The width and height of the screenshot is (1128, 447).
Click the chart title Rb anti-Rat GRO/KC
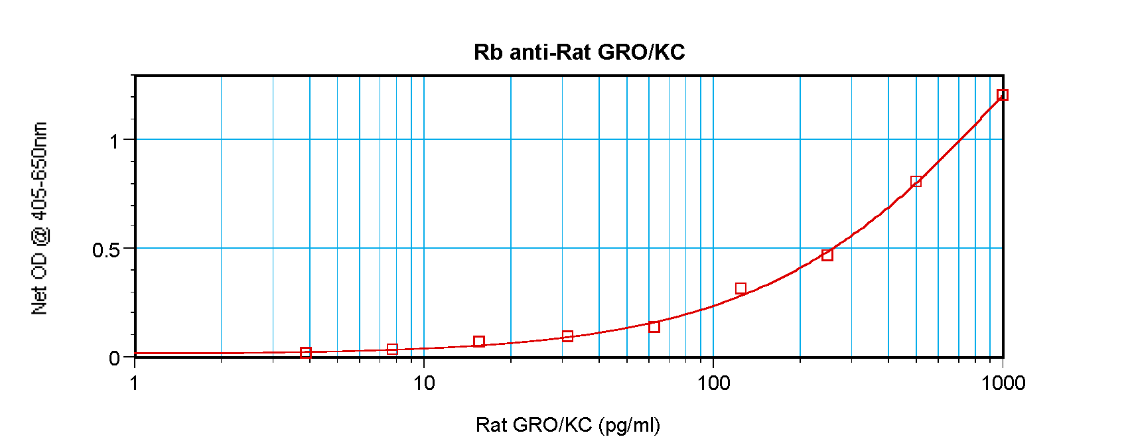pos(579,52)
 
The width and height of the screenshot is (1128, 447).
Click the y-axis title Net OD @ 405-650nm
pos(40,218)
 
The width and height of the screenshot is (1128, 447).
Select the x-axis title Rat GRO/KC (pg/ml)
pos(567,424)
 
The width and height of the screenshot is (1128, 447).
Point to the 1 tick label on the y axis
pos(115,141)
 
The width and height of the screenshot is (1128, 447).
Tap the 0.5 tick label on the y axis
pos(106,250)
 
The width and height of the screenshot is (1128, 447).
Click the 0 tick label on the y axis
pos(114,358)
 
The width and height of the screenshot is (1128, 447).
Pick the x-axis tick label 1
pos(135,383)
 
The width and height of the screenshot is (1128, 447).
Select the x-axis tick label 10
pos(424,383)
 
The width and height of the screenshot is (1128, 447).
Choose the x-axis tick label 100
pos(713,383)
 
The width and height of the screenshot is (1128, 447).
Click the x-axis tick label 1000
pos(1003,383)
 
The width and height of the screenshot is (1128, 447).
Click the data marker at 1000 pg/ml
pos(1003,95)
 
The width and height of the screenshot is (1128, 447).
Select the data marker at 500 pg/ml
pos(916,182)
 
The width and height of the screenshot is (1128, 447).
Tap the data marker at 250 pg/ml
pos(827,255)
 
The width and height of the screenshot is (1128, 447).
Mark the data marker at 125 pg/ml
pos(740,288)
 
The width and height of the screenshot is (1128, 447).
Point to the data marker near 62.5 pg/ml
pos(654,326)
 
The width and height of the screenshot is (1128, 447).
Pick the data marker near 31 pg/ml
pos(567,336)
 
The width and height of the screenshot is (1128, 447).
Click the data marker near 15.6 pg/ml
pos(479,342)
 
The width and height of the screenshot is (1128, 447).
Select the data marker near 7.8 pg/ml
pos(392,350)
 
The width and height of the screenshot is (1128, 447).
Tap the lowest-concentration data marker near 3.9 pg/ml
pos(305,353)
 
